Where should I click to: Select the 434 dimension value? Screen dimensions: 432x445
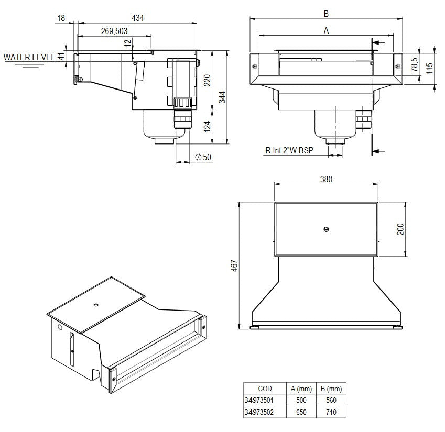tap(137, 18)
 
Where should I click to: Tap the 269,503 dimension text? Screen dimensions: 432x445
tap(114, 31)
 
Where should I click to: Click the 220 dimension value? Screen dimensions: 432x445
tap(207, 80)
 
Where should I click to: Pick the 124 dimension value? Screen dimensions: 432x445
tap(207, 126)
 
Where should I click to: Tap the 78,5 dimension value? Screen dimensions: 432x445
tap(414, 65)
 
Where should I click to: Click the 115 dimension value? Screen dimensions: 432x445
tap(429, 69)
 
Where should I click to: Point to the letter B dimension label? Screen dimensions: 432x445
tap(326, 13)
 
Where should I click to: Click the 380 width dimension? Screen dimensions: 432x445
tap(326, 179)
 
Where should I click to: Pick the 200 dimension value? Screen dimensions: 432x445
tap(401, 229)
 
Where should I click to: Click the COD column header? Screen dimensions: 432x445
tap(265, 389)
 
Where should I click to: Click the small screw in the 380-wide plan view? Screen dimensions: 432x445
tap(326, 229)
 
